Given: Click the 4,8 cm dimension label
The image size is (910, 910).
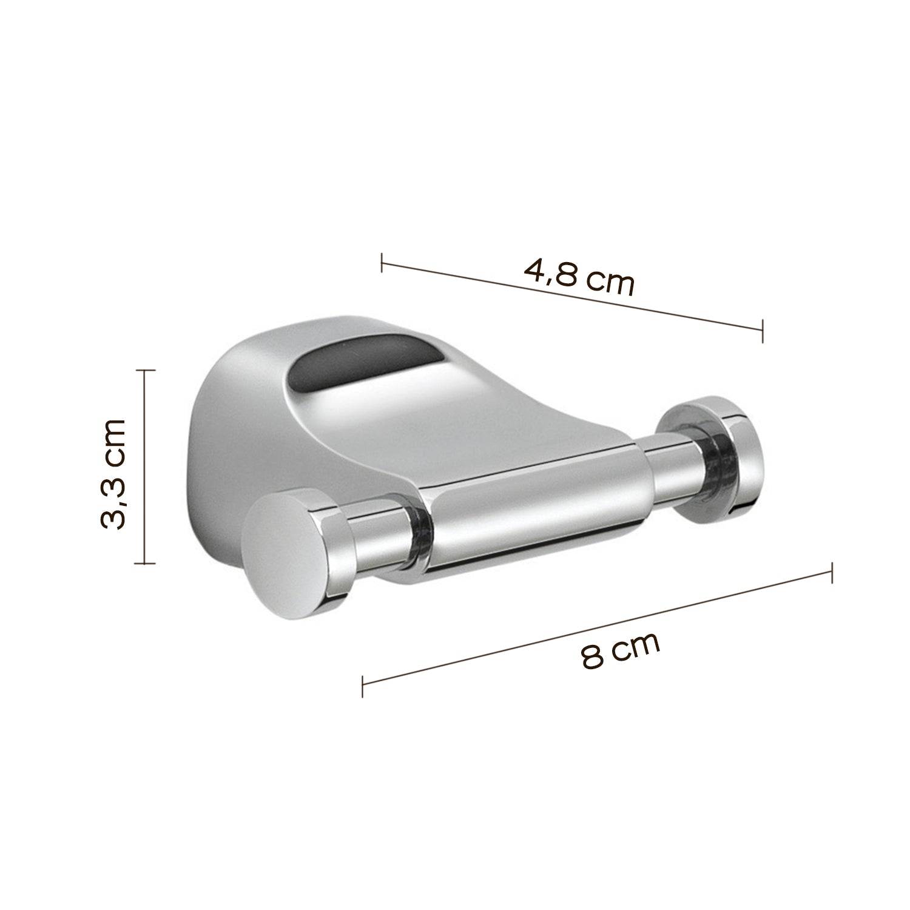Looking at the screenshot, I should pos(579,277).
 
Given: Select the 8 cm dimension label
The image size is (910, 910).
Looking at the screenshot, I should pos(619,649).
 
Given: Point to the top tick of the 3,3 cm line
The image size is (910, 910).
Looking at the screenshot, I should pos(144,369).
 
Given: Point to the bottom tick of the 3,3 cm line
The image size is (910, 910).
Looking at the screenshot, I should pos(144,563).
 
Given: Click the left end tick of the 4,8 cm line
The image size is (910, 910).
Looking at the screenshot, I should pos(382,263).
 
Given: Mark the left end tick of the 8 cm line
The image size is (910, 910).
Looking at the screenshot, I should pos(362,686).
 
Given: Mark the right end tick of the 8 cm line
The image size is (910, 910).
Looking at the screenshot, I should pos(831,573).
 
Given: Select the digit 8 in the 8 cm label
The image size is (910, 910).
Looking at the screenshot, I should pos(591,657).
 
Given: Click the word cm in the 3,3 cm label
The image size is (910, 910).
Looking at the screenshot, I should pos(114,435).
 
